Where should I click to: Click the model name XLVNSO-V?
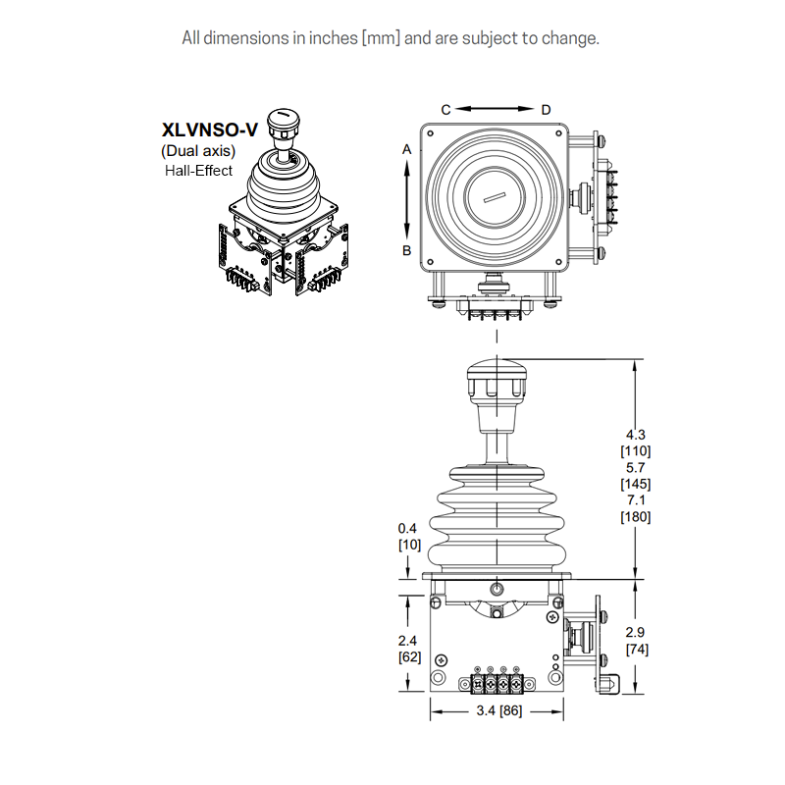pyautogui.click(x=209, y=130)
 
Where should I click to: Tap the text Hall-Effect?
pyautogui.click(x=198, y=171)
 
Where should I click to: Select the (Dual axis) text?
pyautogui.click(x=198, y=151)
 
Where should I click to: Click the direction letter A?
pyautogui.click(x=406, y=149)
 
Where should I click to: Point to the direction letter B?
pyautogui.click(x=406, y=250)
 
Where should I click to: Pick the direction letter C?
pyautogui.click(x=445, y=108)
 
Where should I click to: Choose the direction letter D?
pyautogui.click(x=547, y=108)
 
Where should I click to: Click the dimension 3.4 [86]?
pyautogui.click(x=497, y=711)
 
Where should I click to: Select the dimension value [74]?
pyautogui.click(x=636, y=649)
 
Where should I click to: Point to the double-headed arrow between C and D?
pyautogui.click(x=496, y=108)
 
